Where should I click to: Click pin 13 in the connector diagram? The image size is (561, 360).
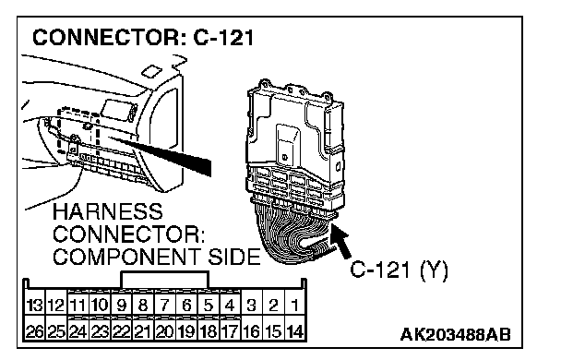tap(35, 305)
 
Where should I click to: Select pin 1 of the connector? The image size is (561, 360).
tap(295, 305)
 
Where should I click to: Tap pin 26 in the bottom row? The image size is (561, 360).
tap(35, 331)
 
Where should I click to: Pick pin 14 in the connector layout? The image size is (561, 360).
tap(295, 331)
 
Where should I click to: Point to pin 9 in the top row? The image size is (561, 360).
tap(122, 305)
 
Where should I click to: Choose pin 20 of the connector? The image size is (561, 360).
tap(165, 331)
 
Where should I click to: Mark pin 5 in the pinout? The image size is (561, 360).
tap(209, 305)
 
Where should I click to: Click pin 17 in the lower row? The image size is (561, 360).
tap(230, 331)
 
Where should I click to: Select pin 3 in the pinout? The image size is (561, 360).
tap(252, 305)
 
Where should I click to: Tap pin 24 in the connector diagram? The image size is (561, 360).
tap(78, 331)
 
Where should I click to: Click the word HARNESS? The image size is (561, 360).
tap(108, 211)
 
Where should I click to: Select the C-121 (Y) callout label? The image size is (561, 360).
tap(399, 270)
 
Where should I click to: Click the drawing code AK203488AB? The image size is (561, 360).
tap(456, 334)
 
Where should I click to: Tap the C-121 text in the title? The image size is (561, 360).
tap(223, 37)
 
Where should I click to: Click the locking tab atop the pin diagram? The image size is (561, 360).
tap(164, 279)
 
